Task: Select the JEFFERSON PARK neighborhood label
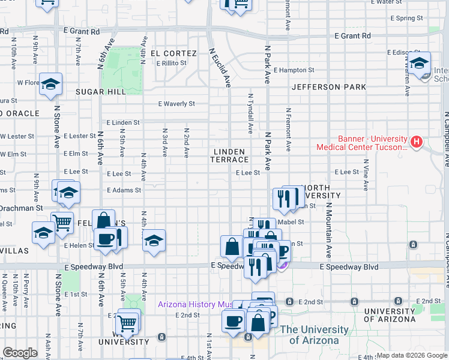[329, 87]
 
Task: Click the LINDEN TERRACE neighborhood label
[230, 156]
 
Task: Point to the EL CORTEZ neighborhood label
[174, 53]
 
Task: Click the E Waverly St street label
[176, 104]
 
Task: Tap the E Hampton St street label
[294, 70]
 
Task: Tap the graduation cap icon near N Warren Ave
[420, 63]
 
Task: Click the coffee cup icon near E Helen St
[106, 238]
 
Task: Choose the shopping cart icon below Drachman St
[62, 222]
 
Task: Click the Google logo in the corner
[20, 353]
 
